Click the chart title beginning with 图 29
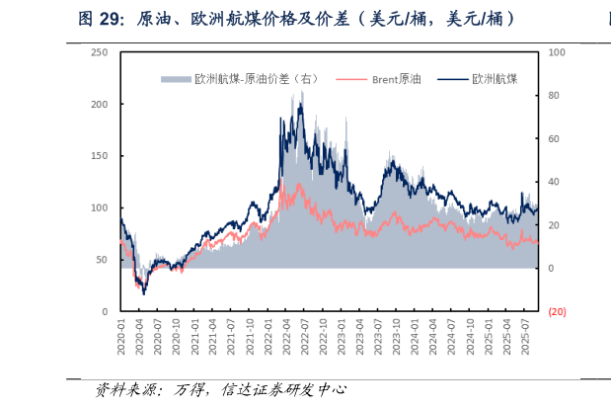click(x=296, y=18)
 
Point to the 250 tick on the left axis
click(x=100, y=52)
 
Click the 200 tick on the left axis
click(x=100, y=104)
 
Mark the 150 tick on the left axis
click(x=100, y=156)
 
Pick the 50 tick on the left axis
click(x=102, y=260)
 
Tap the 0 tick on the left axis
click(x=105, y=311)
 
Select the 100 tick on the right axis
click(x=556, y=52)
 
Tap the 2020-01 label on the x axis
click(x=121, y=335)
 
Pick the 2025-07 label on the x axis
click(x=526, y=335)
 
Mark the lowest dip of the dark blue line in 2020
click(x=144, y=293)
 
